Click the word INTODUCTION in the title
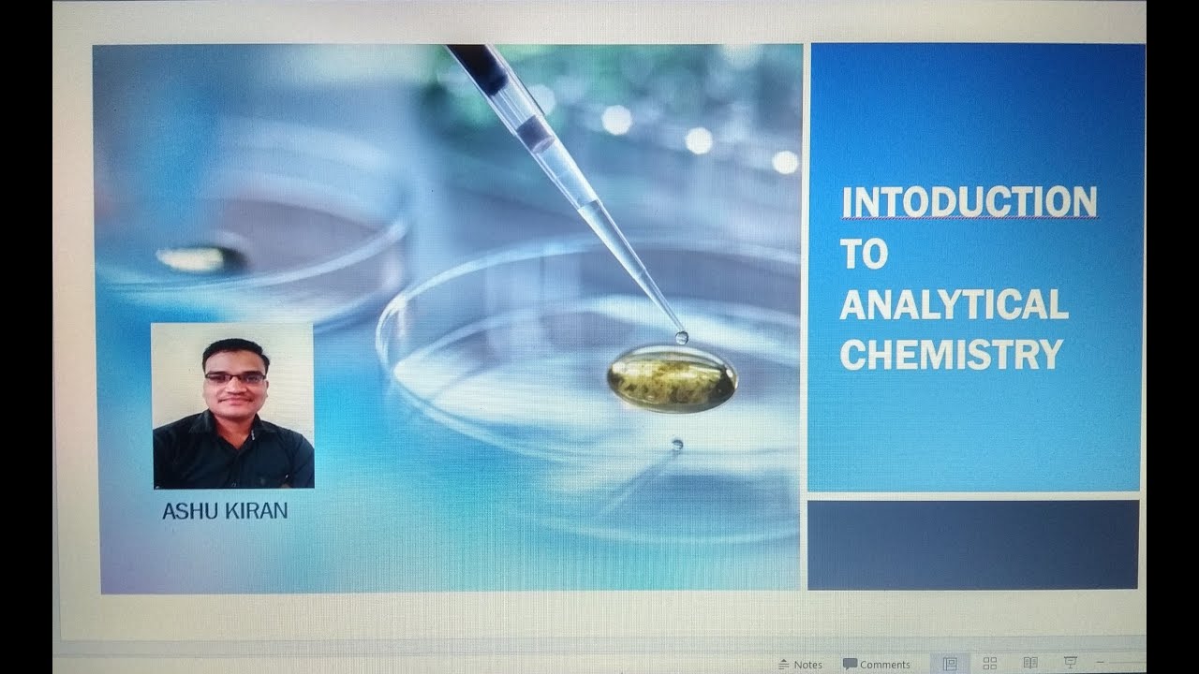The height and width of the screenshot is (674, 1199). point(969,202)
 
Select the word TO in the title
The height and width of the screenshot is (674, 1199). point(863,255)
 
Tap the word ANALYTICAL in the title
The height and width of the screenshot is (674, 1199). point(954,305)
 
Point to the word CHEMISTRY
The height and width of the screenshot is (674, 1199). point(951,355)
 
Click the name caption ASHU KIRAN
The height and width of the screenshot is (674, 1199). point(225,511)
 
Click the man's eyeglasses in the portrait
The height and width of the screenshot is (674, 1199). point(235,377)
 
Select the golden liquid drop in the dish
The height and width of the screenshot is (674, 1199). point(672,378)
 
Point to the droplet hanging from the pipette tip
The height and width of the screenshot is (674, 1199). point(681,337)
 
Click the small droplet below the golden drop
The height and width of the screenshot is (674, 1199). point(676,445)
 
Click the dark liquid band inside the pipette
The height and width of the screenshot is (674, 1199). point(534,132)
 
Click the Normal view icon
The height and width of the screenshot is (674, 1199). point(950,664)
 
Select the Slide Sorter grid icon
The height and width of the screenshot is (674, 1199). point(989,664)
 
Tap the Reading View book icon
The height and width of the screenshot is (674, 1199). point(1029,664)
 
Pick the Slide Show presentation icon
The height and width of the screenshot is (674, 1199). point(1070,664)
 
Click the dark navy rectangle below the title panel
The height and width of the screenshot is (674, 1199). point(973,545)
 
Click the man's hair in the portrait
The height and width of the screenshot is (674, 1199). point(235,351)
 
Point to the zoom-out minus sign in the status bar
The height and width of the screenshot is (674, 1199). point(1101,663)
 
